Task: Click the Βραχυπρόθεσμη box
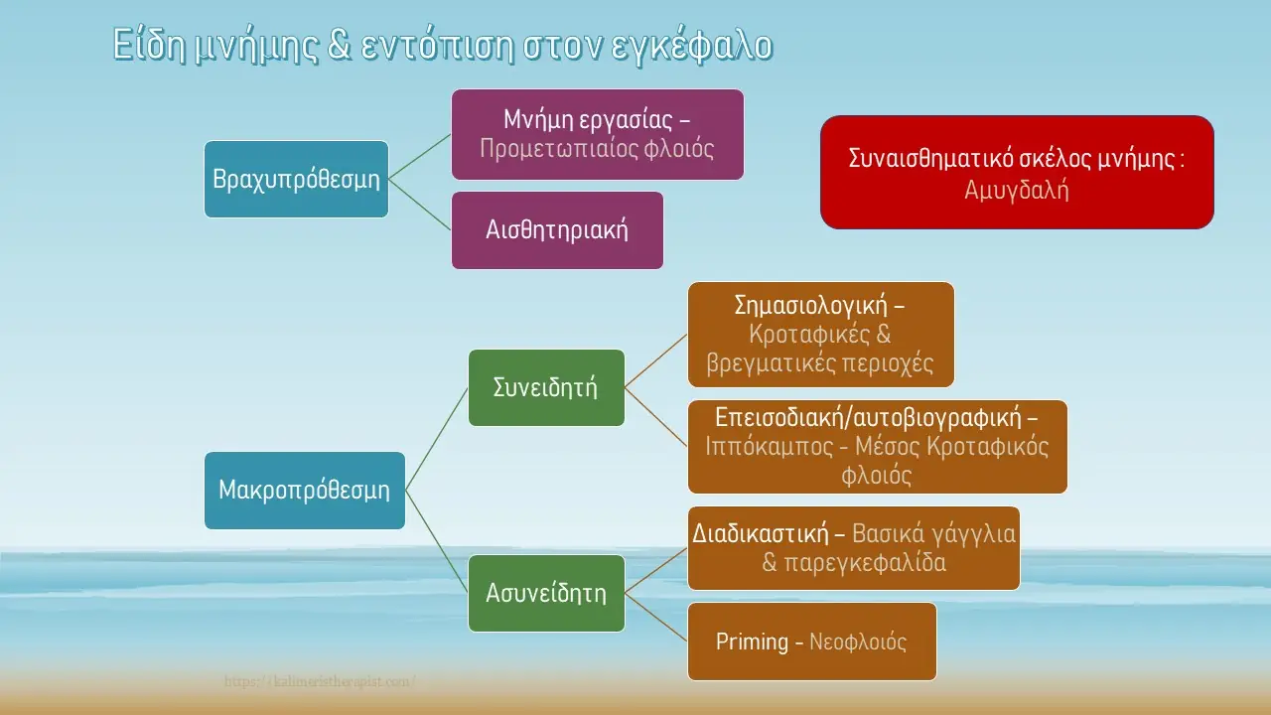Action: pyautogui.click(x=296, y=179)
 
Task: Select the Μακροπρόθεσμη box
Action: pyautogui.click(x=304, y=490)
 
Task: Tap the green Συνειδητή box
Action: pyautogui.click(x=546, y=387)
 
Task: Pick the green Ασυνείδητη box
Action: pyautogui.click(x=546, y=593)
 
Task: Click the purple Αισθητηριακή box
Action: pyautogui.click(x=557, y=229)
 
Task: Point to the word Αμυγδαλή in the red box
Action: pyautogui.click(x=1017, y=190)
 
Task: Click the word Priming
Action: pyautogui.click(x=752, y=642)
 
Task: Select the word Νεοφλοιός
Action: pyautogui.click(x=858, y=642)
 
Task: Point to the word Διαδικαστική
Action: pyautogui.click(x=761, y=533)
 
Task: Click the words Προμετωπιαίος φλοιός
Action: pyautogui.click(x=597, y=148)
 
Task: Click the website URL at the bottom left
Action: pyautogui.click(x=320, y=682)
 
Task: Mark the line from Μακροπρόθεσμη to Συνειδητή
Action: pyautogui.click(x=437, y=438)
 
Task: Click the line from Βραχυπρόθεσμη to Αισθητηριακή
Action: pyautogui.click(x=420, y=205)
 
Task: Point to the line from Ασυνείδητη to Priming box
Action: pyautogui.click(x=656, y=617)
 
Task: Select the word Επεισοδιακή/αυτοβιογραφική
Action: pyautogui.click(x=877, y=416)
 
